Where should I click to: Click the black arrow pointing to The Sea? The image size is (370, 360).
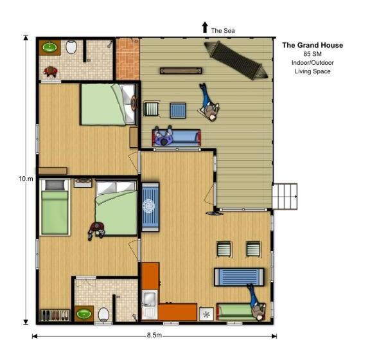pos(205,27)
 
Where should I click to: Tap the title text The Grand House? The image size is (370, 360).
pos(313,45)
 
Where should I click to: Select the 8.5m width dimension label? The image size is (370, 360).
pos(154,336)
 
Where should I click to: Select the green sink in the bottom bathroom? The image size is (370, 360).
pos(84,314)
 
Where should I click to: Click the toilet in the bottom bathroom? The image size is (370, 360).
pos(103,314)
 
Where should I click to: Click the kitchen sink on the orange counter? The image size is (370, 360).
pos(149,300)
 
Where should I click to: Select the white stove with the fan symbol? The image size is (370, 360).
pos(206,314)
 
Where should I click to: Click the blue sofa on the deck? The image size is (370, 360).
pos(176,137)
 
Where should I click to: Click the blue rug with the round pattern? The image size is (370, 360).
pos(150,206)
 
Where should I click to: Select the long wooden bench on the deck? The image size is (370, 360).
pos(176,71)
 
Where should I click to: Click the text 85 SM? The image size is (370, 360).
pos(312,54)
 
